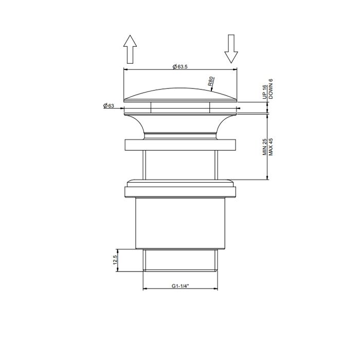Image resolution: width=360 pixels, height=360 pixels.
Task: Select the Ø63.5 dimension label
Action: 180,66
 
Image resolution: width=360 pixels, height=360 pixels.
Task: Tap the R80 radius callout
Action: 211,82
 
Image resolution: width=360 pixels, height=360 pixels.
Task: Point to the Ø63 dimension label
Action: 109,105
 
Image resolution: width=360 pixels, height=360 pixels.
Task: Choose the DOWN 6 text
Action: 271,89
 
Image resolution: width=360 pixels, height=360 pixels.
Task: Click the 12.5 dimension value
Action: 116,260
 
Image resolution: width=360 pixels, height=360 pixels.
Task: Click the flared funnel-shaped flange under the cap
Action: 181,123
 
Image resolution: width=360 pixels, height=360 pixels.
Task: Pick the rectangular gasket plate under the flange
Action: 181,144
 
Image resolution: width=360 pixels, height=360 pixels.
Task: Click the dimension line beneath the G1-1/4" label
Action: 181,289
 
